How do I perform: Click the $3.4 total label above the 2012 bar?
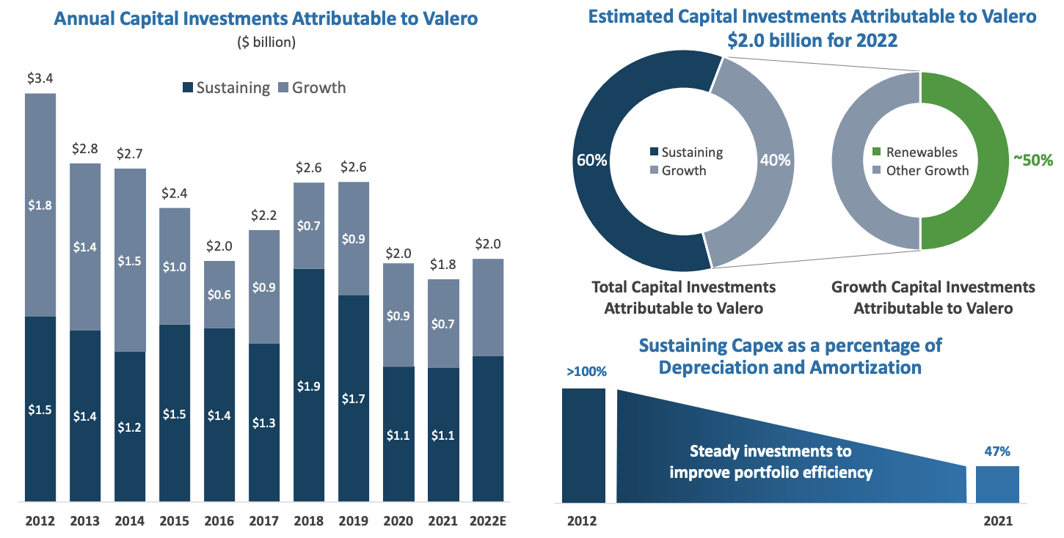[40, 77]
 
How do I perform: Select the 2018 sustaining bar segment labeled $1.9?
[309, 385]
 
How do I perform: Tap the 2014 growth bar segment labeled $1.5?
[130, 260]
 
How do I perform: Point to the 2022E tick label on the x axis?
[489, 522]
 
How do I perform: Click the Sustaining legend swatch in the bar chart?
[187, 89]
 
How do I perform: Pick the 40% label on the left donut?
[776, 160]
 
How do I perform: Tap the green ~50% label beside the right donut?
[1032, 160]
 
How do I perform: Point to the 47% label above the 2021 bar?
[997, 453]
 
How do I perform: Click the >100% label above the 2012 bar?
[586, 372]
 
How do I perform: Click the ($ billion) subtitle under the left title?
[266, 43]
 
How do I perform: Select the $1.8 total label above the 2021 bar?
[443, 264]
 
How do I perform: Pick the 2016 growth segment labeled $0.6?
[219, 294]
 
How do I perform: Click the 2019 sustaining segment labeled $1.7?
[354, 399]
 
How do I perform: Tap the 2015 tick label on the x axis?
[175, 522]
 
